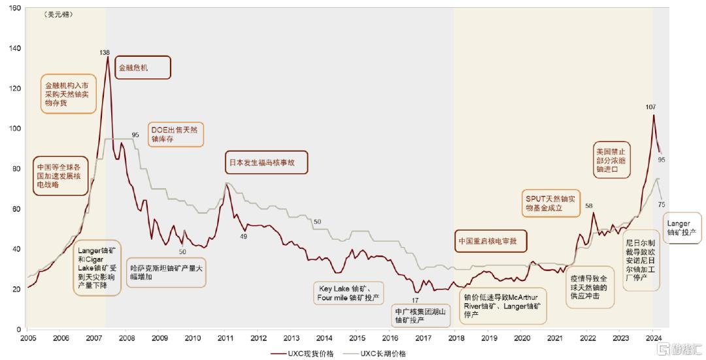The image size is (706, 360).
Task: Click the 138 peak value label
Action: (x=105, y=52)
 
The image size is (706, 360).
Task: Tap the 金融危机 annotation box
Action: (x=143, y=67)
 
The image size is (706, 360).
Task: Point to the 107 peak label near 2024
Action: (x=650, y=106)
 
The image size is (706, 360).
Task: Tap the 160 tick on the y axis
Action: (x=14, y=8)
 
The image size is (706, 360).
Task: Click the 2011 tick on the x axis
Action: (x=226, y=338)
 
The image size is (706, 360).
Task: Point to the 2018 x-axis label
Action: (x=456, y=338)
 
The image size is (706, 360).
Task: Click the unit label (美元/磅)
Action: (x=59, y=14)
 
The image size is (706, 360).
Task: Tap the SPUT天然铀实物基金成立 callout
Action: (x=552, y=203)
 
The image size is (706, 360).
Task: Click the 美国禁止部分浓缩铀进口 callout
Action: (x=614, y=159)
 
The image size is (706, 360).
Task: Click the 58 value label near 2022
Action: (x=589, y=206)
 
